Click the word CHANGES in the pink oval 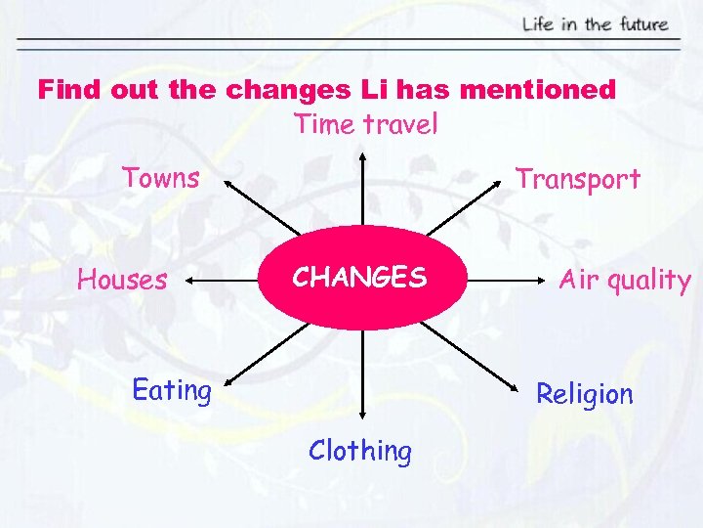360,278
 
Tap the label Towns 160,178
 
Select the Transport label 577,179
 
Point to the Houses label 122,281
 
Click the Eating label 172,390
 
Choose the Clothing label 360,451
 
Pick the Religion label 584,394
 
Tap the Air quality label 624,281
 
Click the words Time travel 365,124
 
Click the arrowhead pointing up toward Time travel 363,154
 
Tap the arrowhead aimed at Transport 494,186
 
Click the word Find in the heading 69,91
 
